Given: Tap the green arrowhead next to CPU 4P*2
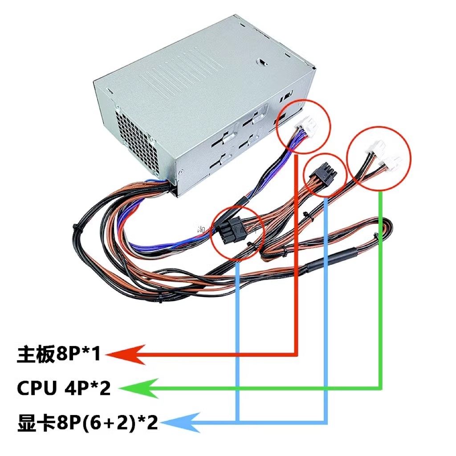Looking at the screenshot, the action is pos(134,388).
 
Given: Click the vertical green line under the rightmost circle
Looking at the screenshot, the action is pos(381,289).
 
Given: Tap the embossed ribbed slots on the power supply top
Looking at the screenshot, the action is pos(187,76).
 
